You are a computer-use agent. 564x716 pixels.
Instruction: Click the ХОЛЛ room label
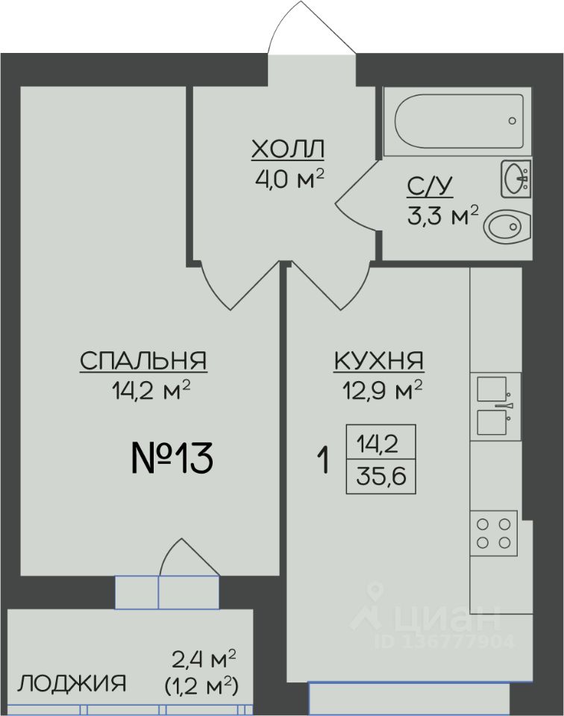(x=288, y=149)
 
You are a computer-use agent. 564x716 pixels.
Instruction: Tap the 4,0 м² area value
(x=290, y=179)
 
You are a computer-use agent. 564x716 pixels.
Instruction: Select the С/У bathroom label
(x=430, y=186)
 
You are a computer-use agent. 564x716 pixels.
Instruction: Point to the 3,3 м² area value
(x=443, y=216)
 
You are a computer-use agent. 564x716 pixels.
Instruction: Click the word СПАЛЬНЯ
(x=143, y=361)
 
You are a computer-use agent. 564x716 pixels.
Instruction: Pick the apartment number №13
(x=172, y=458)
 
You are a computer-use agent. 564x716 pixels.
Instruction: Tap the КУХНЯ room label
(x=380, y=361)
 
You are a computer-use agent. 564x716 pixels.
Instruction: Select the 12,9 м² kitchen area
(x=382, y=391)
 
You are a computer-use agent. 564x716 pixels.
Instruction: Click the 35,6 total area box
(x=381, y=477)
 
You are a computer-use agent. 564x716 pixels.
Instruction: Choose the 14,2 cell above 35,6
(x=381, y=442)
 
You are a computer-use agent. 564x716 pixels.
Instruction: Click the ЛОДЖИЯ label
(x=72, y=684)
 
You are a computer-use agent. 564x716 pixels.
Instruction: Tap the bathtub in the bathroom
(x=458, y=121)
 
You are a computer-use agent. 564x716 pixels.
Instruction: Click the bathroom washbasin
(x=516, y=178)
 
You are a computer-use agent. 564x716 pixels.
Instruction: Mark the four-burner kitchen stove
(x=494, y=533)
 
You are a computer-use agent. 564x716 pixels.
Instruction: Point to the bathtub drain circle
(x=513, y=121)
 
